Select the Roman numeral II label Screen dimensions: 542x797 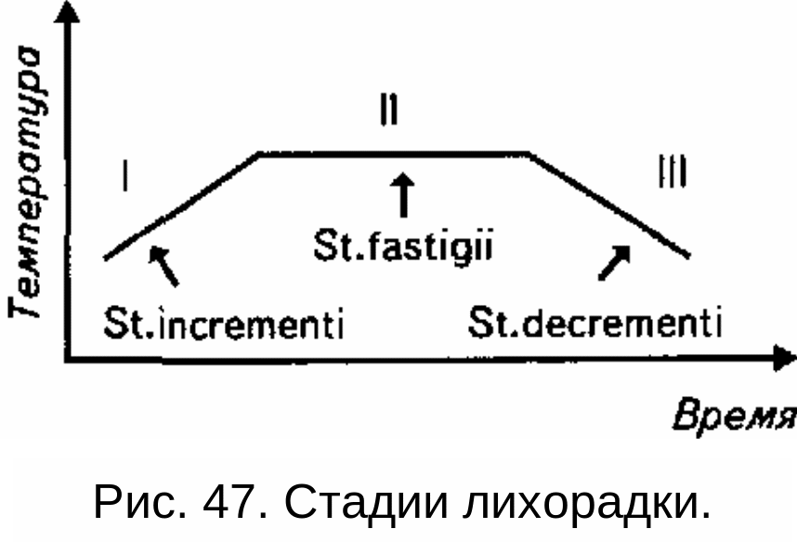[x=389, y=111]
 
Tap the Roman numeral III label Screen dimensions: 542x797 [x=671, y=172]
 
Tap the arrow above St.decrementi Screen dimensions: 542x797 [x=615, y=262]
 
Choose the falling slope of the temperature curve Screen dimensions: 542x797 [x=608, y=204]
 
